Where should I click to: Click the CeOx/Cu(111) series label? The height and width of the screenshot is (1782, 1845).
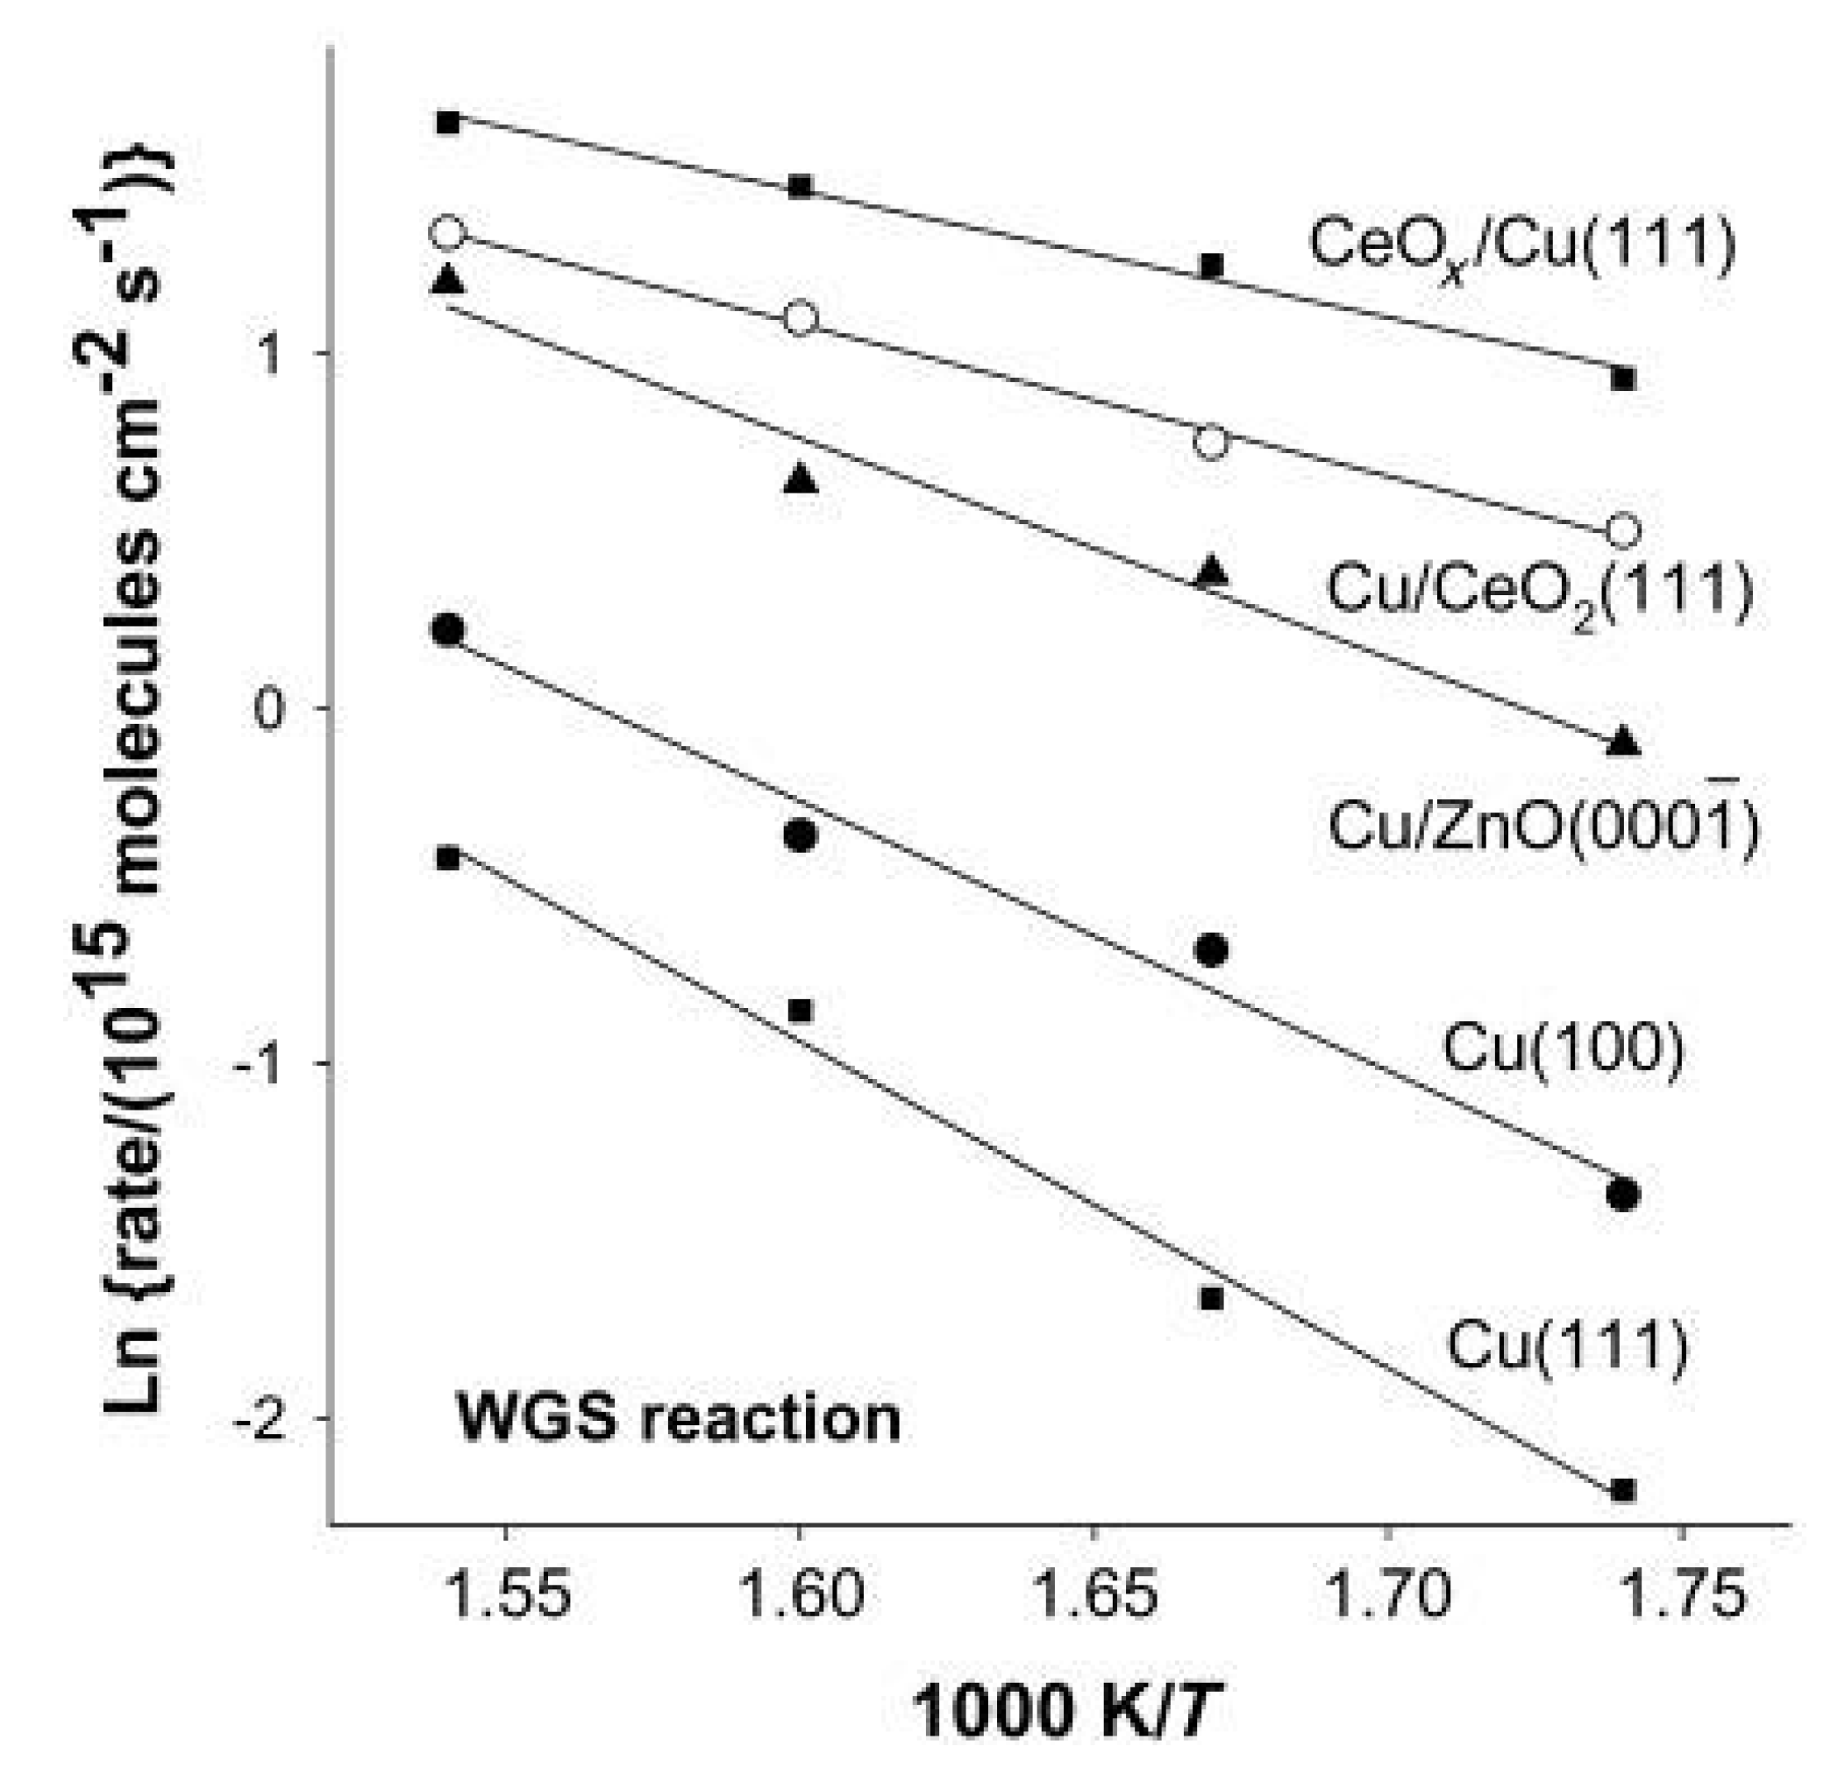[x=1521, y=246]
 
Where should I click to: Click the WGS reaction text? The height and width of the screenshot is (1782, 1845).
[x=678, y=1419]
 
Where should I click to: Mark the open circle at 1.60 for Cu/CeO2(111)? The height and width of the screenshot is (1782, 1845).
[x=800, y=319]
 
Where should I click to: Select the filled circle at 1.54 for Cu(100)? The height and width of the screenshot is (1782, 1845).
[x=448, y=629]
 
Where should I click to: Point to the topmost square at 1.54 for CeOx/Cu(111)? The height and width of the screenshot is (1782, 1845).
[x=448, y=123]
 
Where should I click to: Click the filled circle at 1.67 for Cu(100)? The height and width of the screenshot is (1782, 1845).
[x=1212, y=950]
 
